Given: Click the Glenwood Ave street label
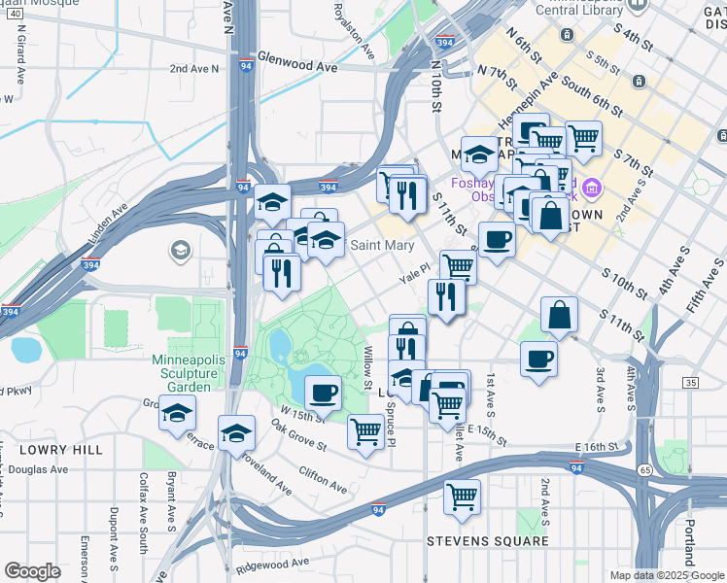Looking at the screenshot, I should point(297,66).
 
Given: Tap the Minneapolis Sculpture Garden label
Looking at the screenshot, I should point(182,372).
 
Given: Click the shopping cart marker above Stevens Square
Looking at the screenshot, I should point(463,497).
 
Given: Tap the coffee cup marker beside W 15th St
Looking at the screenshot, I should point(323,394).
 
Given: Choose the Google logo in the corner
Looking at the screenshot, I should point(32,571).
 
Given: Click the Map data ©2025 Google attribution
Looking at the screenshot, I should point(667,575).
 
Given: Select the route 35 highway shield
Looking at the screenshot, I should point(690,384).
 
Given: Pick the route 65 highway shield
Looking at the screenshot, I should point(645,469).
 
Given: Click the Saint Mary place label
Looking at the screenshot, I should point(382,245).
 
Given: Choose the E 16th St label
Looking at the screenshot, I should point(597,446).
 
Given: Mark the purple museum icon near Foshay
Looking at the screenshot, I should point(592,188).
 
